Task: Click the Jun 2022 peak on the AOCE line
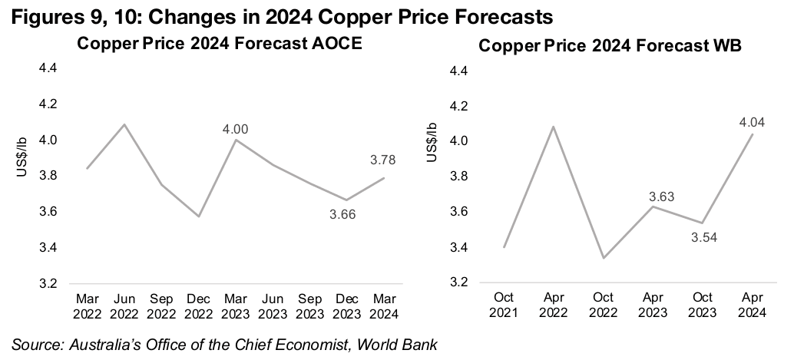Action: click(124, 124)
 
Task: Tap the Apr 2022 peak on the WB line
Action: click(553, 127)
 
